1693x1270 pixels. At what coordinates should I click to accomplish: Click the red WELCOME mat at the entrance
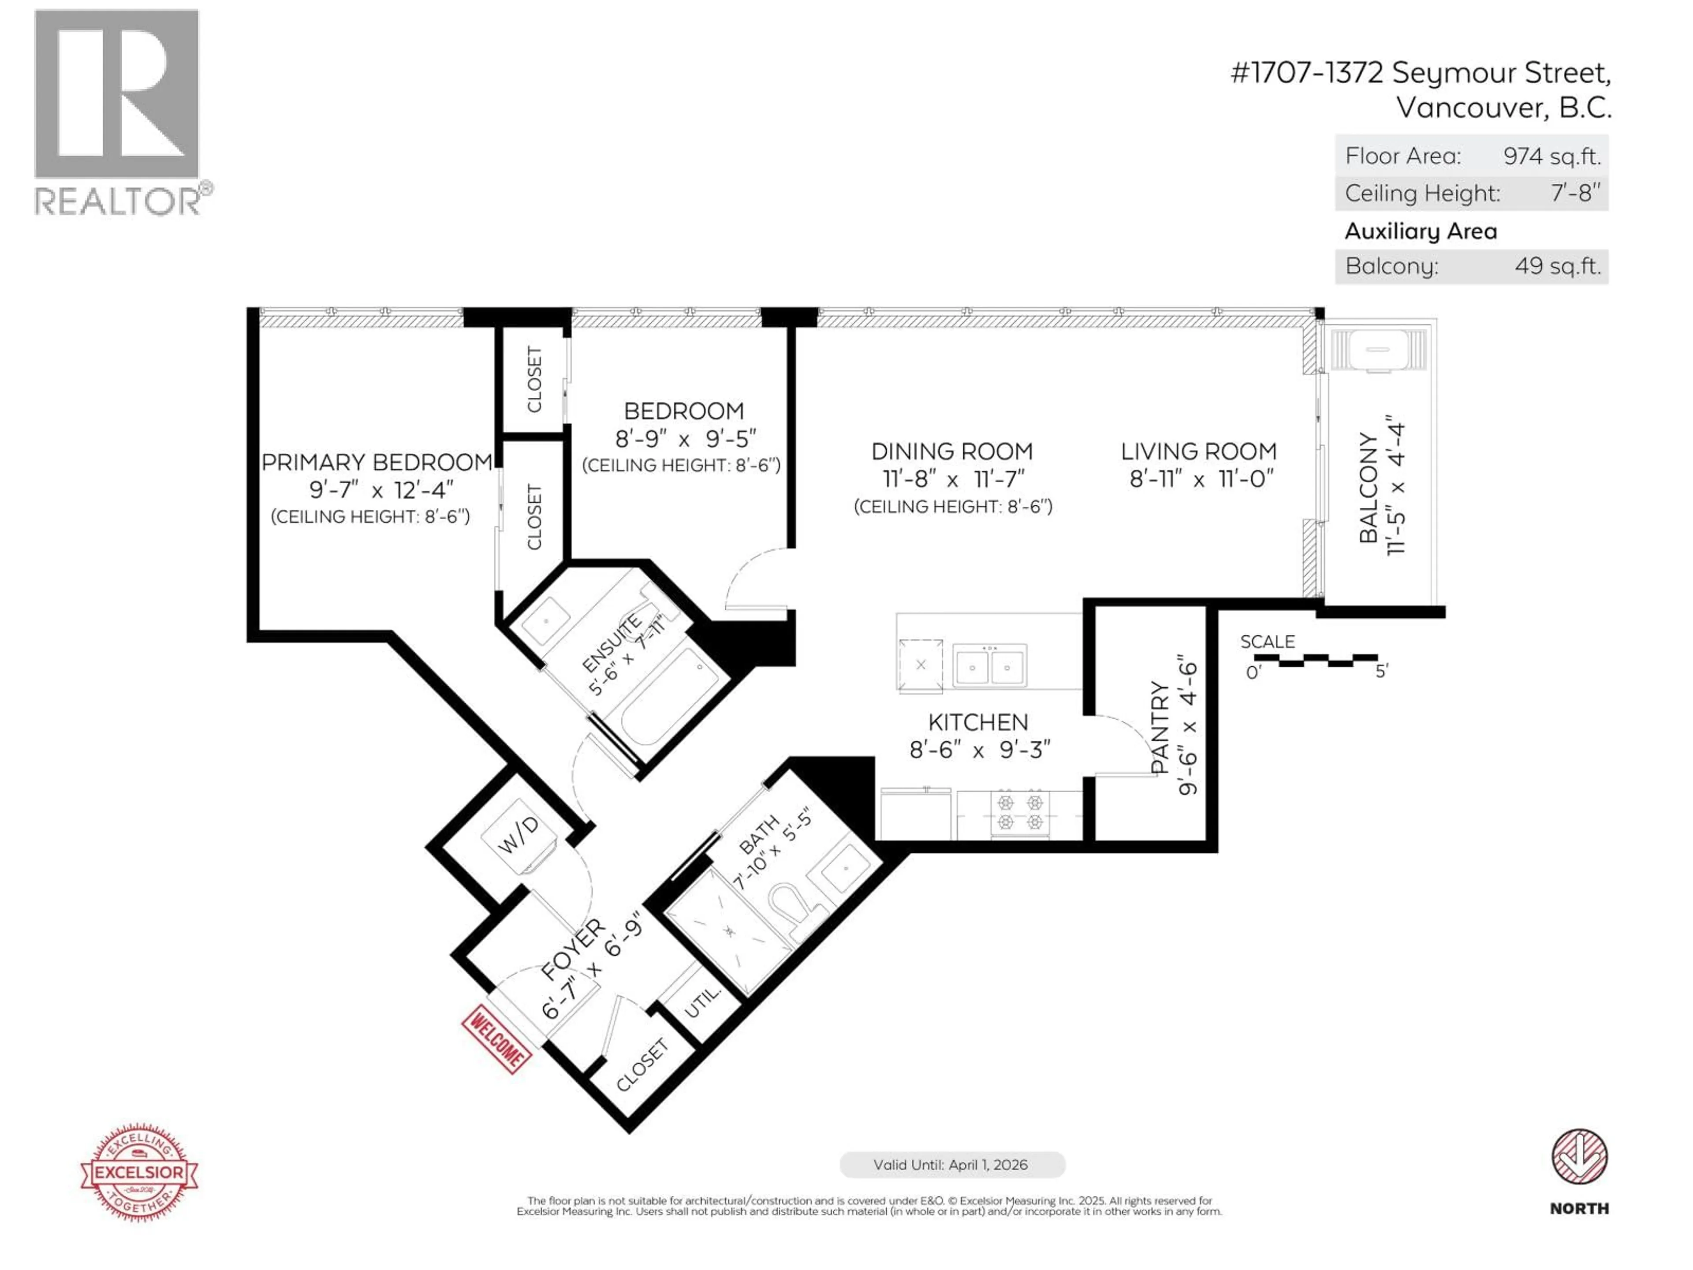[x=496, y=1039]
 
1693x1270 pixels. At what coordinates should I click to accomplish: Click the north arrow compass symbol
[x=1579, y=1157]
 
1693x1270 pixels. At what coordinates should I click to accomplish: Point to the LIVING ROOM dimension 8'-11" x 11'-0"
[x=1201, y=479]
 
